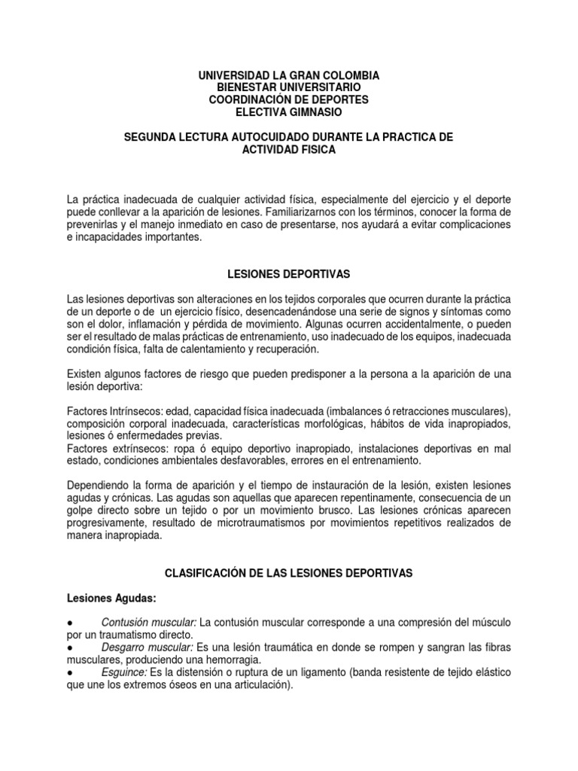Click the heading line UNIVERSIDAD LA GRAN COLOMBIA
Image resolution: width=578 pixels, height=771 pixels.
pos(288,76)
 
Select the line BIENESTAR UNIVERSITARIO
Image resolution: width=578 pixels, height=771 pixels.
pos(288,88)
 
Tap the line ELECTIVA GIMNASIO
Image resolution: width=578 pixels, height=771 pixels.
pos(288,112)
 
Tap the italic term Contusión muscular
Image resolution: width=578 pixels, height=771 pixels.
pos(149,623)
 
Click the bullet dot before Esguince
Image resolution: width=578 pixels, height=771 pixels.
pos(69,672)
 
